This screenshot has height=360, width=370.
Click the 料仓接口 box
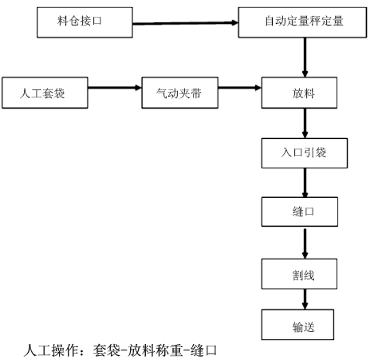[85, 22]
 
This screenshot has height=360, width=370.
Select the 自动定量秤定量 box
[302, 22]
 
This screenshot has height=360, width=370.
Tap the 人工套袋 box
[45, 93]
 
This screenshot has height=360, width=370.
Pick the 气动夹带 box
[180, 93]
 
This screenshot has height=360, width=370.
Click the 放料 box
[299, 93]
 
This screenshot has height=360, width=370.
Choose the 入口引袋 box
[305, 153]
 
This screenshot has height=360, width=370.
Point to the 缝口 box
[300, 212]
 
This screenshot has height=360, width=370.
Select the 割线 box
[299, 274]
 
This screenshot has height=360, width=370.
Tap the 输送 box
[297, 325]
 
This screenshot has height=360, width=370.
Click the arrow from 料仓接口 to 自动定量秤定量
[186, 23]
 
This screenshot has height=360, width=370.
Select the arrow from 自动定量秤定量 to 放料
[305, 57]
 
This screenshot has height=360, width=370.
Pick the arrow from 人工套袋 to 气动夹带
[115, 87]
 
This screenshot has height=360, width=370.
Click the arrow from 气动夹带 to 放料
[240, 87]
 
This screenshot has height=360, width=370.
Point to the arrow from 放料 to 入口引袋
[305, 123]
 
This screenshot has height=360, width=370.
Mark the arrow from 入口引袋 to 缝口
[305, 183]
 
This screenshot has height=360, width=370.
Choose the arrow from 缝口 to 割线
[305, 243]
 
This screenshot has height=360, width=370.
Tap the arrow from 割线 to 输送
[305, 299]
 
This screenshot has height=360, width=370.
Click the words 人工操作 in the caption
[51, 350]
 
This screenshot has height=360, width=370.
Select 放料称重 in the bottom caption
[155, 350]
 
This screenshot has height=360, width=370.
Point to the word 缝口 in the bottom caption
[203, 350]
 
